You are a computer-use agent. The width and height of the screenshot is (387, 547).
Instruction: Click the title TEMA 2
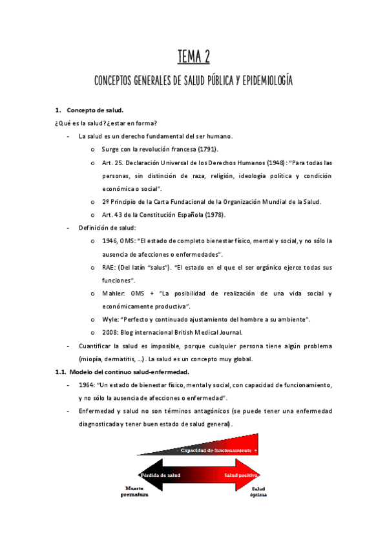coord(194,57)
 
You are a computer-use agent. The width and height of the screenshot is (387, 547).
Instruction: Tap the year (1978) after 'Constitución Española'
coord(213,215)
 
